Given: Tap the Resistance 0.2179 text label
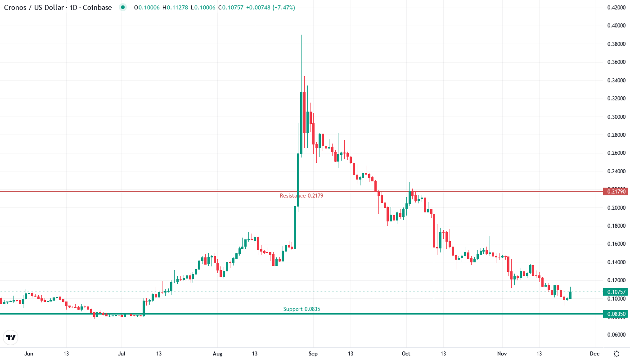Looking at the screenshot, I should [x=301, y=196].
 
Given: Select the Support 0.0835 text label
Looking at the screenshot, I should [x=301, y=309].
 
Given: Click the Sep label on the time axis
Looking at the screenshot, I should [x=313, y=354].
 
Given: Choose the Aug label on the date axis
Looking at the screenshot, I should [x=217, y=354].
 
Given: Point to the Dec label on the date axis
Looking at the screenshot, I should [x=594, y=354].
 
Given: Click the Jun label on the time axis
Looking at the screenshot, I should [x=29, y=354].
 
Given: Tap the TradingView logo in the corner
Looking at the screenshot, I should [x=11, y=337].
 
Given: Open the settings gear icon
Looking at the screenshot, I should [x=616, y=354].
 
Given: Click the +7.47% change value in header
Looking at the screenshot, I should [x=283, y=8].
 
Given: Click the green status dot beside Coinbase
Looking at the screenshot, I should [x=123, y=8].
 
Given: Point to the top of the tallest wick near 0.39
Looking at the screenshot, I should [x=301, y=35].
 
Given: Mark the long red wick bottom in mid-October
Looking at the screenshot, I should [x=434, y=303].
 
